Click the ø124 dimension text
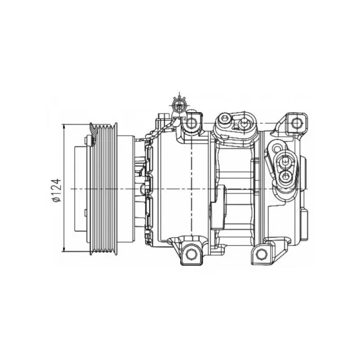(57, 190)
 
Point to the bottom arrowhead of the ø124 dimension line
(64, 249)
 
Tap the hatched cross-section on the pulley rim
(93, 133)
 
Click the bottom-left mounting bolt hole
(191, 254)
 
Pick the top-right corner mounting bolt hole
(296, 123)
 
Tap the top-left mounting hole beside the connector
(191, 123)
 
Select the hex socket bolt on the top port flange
(224, 119)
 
